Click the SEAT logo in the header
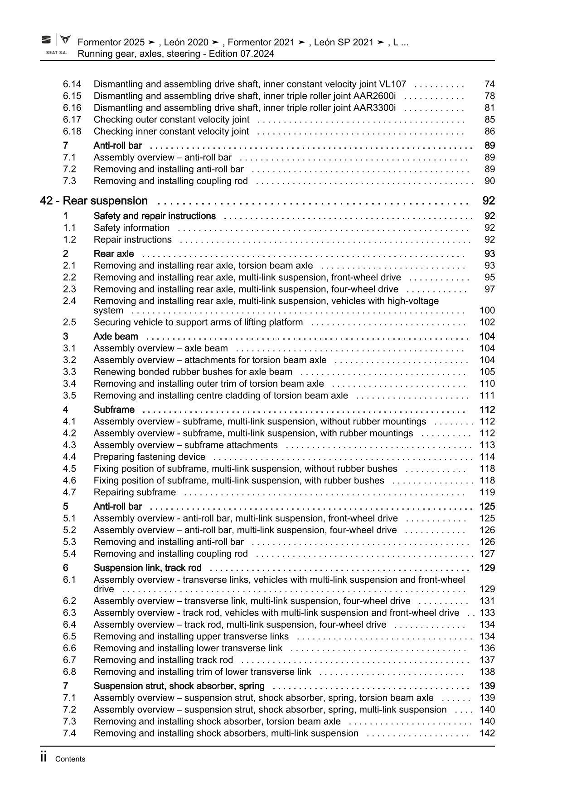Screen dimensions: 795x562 coord(47,40)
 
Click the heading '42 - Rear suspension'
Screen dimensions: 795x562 coord(94,201)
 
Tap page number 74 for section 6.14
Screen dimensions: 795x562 coord(489,84)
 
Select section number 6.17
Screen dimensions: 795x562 coord(72,119)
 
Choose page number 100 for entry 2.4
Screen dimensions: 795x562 coord(487,310)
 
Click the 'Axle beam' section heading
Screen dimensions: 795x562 coord(116,337)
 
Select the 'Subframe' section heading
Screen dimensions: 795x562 coord(114,410)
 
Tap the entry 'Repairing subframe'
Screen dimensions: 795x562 coord(135,492)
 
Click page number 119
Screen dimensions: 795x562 coord(487,492)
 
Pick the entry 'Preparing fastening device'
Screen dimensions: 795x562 coord(149,457)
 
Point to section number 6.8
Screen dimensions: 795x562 coord(69,672)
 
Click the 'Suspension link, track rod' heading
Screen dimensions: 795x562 coord(147,568)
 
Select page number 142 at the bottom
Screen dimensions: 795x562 coord(487,733)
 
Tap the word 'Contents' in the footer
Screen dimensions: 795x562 coord(70,759)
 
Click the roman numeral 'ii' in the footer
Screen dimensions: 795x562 coord(44,757)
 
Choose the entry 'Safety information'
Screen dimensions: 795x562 coord(131,228)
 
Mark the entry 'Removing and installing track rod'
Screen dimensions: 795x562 coord(163,660)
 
